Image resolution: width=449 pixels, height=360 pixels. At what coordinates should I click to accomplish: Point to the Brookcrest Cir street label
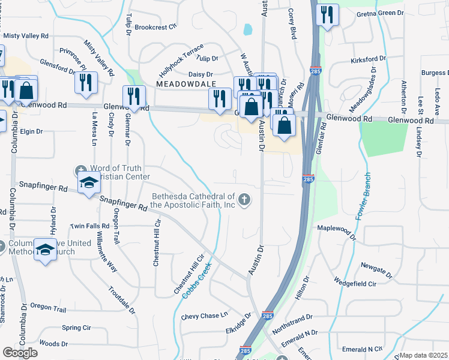(156, 27)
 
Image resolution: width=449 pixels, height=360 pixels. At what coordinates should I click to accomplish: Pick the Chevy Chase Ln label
(205, 316)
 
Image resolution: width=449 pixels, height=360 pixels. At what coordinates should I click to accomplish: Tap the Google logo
(20, 353)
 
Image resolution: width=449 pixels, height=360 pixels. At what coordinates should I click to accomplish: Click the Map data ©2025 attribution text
(423, 355)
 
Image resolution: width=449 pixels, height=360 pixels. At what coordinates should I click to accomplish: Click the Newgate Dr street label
(376, 269)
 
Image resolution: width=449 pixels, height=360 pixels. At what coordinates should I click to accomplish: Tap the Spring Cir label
(76, 328)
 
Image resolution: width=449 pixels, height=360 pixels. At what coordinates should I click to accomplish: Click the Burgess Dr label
(433, 73)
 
